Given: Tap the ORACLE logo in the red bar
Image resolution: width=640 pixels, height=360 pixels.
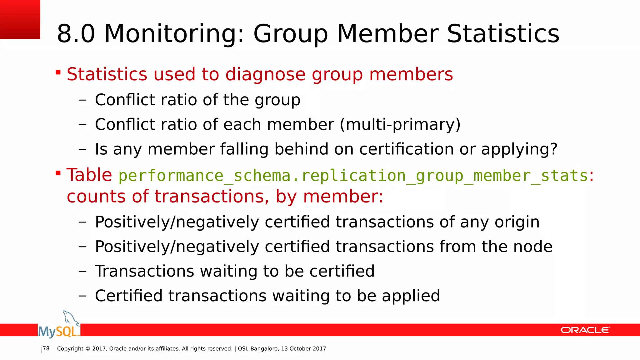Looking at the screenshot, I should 585,330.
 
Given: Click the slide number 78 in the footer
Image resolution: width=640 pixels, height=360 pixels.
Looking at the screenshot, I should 46,348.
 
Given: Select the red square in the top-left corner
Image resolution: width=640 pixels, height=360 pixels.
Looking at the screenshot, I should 20,19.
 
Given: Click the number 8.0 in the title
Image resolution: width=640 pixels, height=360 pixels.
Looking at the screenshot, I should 76,34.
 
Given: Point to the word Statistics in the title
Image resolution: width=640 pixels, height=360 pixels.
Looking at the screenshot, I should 503,34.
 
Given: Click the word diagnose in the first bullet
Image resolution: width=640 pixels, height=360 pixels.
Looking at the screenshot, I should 265,74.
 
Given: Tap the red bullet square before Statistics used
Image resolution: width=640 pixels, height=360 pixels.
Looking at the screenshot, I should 58,73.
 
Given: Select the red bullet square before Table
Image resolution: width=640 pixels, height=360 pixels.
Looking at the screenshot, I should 58,173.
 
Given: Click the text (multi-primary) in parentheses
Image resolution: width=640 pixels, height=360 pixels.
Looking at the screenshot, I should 400,124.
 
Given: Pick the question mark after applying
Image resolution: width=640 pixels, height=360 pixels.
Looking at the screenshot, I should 553,149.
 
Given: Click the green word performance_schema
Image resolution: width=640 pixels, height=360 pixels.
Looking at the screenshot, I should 204,176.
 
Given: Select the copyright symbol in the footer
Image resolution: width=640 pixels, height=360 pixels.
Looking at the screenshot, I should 87,349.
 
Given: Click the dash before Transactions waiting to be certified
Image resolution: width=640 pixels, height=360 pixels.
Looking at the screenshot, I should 82,271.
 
